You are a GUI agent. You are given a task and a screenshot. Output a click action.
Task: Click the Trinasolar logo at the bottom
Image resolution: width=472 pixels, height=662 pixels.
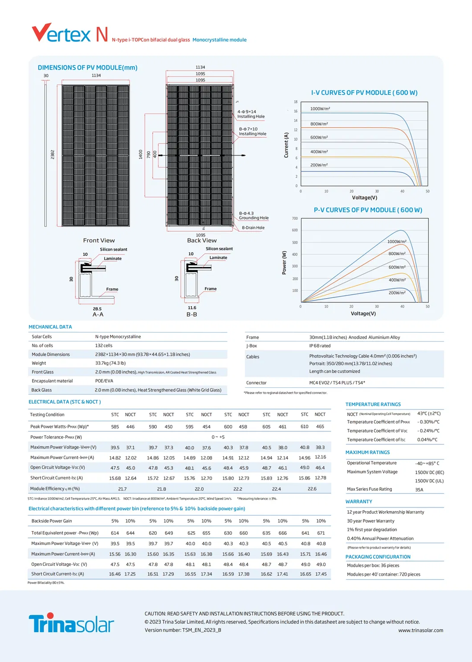pyautogui.click(x=71, y=623)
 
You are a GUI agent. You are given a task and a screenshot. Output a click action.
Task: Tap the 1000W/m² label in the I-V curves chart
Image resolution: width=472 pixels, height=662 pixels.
pyautogui.click(x=320, y=109)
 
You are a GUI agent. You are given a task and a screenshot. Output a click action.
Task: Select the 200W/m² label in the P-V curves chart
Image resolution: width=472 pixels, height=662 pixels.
pyautogui.click(x=397, y=293)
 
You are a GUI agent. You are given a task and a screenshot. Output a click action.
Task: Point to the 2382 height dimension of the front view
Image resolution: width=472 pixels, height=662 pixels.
pyautogui.click(x=53, y=154)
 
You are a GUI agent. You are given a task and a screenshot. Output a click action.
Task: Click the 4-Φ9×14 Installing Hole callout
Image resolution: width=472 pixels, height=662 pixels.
pyautogui.click(x=251, y=114)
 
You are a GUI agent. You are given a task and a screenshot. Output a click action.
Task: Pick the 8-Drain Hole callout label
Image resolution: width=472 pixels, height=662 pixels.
pyautogui.click(x=253, y=227)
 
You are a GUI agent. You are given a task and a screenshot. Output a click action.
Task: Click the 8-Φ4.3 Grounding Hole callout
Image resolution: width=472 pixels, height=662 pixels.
pyautogui.click(x=253, y=215)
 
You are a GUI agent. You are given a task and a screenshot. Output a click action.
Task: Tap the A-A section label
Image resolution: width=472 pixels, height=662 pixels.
pyautogui.click(x=98, y=314)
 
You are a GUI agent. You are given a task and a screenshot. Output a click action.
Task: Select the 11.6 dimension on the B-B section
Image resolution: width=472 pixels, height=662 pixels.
pyautogui.click(x=192, y=308)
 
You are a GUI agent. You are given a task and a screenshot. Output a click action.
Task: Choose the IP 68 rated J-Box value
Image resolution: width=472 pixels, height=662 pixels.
pyautogui.click(x=320, y=346)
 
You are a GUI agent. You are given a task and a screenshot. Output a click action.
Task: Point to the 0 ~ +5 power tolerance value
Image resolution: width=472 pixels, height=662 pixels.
pyautogui.click(x=218, y=437)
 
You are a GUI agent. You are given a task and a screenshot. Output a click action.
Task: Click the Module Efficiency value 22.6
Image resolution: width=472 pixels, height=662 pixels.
pyautogui.click(x=312, y=489)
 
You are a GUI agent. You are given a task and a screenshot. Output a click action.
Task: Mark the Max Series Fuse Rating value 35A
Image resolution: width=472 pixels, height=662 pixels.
pyautogui.click(x=419, y=490)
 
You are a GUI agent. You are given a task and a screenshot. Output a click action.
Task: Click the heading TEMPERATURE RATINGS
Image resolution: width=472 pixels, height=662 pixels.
pyautogui.click(x=373, y=404)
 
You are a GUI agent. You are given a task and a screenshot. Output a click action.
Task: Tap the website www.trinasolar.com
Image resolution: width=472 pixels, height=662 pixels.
pyautogui.click(x=420, y=630)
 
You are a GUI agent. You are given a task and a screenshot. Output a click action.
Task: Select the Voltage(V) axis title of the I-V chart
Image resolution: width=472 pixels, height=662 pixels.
pyautogui.click(x=364, y=198)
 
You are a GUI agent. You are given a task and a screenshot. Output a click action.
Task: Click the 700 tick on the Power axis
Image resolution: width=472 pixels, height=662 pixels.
pyautogui.click(x=295, y=219)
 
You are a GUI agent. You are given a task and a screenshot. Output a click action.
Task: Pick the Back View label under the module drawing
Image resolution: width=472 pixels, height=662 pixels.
pyautogui.click(x=202, y=240)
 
